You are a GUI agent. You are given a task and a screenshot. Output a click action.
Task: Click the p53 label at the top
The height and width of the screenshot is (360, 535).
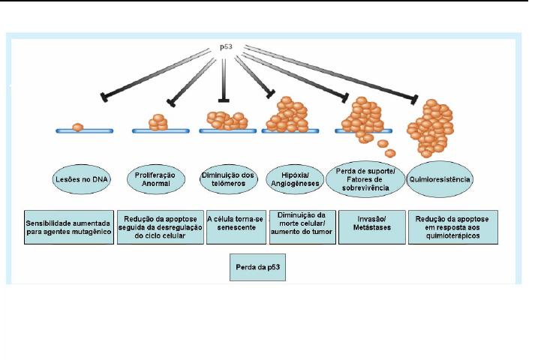[226, 47]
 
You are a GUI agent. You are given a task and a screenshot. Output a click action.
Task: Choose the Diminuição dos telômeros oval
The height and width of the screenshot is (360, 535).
[227, 178]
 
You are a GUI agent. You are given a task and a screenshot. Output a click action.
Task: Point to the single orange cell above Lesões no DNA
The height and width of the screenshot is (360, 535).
[77, 128]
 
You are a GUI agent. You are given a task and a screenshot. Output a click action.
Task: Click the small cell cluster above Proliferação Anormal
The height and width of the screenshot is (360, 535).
[158, 122]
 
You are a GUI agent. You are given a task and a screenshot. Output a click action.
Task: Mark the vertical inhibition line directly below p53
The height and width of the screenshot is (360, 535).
[223, 79]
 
